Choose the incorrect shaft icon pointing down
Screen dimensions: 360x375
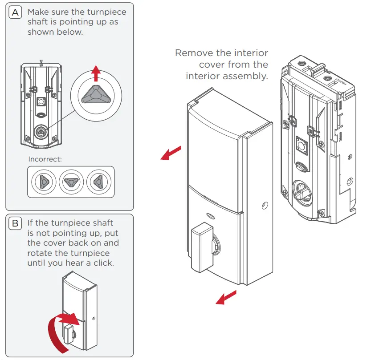71,182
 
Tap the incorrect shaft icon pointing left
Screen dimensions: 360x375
99,182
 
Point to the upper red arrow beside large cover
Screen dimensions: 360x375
171,153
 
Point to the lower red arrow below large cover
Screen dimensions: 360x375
226,298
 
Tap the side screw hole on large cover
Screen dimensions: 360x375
265,206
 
